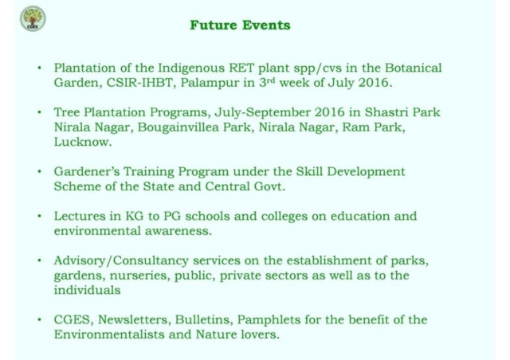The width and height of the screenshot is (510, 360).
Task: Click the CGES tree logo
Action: click(x=33, y=18)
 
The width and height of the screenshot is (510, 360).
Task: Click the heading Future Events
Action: click(x=240, y=25)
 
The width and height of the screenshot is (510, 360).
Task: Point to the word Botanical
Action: click(x=414, y=68)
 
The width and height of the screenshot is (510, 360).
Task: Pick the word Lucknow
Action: click(x=83, y=142)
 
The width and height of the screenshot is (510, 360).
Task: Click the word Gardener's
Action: click(x=87, y=172)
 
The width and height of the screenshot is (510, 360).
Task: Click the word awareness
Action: click(x=178, y=231)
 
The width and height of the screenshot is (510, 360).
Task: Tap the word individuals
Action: click(x=87, y=290)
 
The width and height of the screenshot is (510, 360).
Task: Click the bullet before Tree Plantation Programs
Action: click(x=40, y=112)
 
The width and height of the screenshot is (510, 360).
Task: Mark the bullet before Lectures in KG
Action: click(x=40, y=216)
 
